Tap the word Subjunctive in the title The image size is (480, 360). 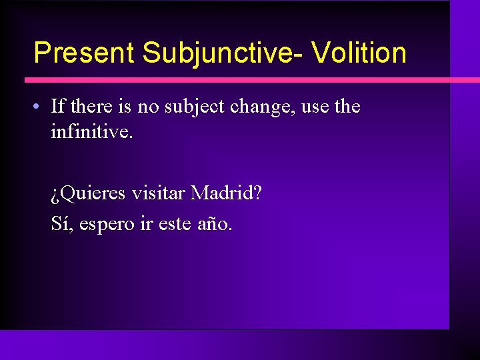point(218,53)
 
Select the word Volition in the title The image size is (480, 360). point(359,53)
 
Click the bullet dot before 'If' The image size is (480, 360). point(41,107)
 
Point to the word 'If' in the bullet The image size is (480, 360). point(57,106)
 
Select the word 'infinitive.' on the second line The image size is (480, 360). point(92,132)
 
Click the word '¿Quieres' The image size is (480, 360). point(89,194)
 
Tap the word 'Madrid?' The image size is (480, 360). point(226,193)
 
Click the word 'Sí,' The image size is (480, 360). point(62,223)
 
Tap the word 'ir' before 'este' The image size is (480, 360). point(146,223)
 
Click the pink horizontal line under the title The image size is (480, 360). point(240,80)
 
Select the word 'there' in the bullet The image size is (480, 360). point(91,106)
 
